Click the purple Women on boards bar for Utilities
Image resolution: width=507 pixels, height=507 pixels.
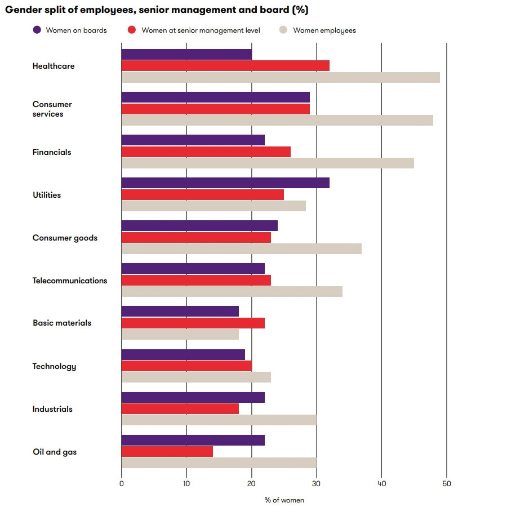pyautogui.click(x=225, y=183)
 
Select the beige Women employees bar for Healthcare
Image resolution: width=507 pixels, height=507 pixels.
pyautogui.click(x=281, y=77)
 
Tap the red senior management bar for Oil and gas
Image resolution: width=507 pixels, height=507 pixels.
pyautogui.click(x=167, y=451)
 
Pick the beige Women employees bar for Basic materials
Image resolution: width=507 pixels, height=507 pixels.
pyautogui.click(x=180, y=334)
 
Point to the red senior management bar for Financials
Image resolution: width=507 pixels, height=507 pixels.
pyautogui.click(x=206, y=152)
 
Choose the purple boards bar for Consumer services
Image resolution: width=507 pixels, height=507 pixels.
pyautogui.click(x=216, y=97)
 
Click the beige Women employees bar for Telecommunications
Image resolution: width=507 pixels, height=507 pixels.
pyautogui.click(x=232, y=291)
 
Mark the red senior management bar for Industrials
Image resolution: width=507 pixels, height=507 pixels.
pyautogui.click(x=180, y=408)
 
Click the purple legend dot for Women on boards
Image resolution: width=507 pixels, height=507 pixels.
pyautogui.click(x=37, y=30)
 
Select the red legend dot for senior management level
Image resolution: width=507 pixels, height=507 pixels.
pyautogui.click(x=132, y=30)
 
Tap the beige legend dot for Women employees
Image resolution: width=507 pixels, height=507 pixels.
pyautogui.click(x=284, y=30)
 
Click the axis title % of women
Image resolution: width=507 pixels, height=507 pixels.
pyautogui.click(x=284, y=500)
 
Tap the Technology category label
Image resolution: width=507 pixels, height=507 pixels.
pyautogui.click(x=54, y=366)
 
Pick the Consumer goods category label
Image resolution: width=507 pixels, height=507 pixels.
pyautogui.click(x=65, y=238)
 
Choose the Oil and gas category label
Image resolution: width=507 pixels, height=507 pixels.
pyautogui.click(x=55, y=452)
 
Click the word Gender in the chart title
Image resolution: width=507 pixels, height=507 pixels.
pyautogui.click(x=22, y=10)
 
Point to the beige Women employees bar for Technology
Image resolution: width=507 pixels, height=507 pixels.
pyautogui.click(x=196, y=377)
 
